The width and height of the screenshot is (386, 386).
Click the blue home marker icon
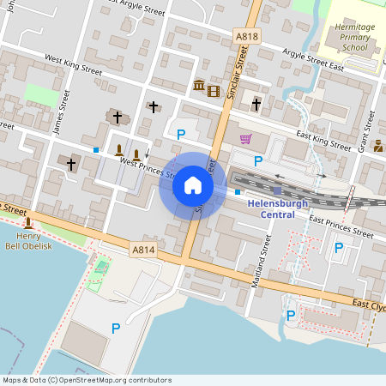192,185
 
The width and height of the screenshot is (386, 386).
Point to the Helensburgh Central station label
282,208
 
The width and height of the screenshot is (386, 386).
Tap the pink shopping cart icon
246,139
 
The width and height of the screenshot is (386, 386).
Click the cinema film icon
214,91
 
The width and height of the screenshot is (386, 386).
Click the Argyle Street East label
330,63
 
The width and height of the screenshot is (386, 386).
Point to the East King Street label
324,141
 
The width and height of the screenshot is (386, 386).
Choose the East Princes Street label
341,226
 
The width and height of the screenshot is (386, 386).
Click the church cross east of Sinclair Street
256,105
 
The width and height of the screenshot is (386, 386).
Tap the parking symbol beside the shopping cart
257,160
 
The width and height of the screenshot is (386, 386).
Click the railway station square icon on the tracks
277,190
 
